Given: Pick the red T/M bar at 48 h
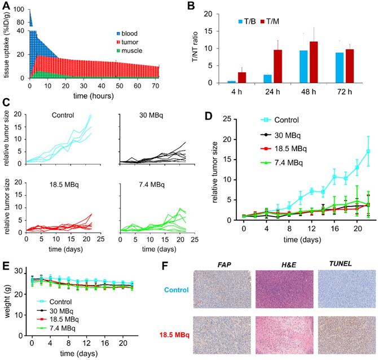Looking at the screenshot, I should pyautogui.click(x=314, y=62).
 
